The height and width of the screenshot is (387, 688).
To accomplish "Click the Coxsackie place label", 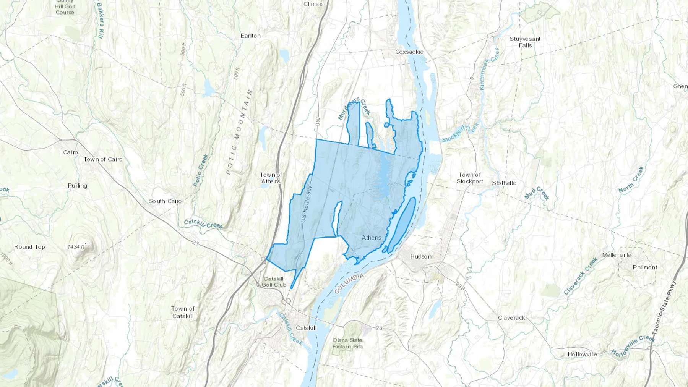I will (409, 52).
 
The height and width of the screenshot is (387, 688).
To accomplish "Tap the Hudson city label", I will (421, 256).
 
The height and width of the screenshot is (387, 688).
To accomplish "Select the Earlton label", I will (250, 36).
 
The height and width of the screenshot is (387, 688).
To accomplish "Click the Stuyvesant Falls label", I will (525, 42).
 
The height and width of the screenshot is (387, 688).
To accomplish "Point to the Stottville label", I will (504, 183).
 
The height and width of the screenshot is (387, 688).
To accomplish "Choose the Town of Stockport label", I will (470, 178).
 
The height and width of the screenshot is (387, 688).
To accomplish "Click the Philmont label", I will (645, 267).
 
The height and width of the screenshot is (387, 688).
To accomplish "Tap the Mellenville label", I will (616, 255).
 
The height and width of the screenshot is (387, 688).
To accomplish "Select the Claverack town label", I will (511, 318).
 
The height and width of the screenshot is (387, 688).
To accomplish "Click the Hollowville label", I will (582, 355).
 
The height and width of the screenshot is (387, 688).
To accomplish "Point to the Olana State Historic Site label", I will (347, 343).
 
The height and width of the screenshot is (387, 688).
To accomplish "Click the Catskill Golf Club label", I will (274, 282).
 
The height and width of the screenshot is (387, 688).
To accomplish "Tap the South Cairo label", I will (165, 201).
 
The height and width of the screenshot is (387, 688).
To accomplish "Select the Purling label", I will (78, 186).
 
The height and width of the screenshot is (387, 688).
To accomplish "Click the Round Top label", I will (29, 247).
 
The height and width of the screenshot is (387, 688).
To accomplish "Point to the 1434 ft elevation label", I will (76, 247).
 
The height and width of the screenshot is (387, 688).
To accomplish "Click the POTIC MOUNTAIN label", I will (239, 132).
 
